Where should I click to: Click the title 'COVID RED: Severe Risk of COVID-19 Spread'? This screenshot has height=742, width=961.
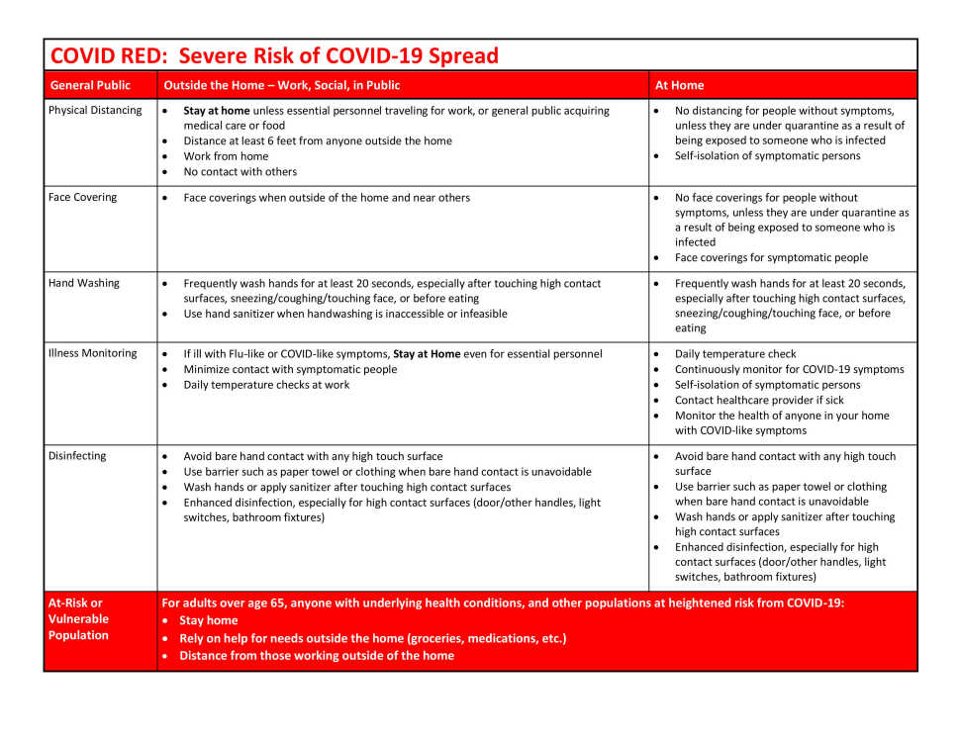pos(274,55)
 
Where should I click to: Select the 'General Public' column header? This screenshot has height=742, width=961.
pos(90,85)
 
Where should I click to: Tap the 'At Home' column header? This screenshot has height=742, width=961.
pos(679,85)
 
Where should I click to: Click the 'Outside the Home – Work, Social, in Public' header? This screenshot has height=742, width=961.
pos(282,85)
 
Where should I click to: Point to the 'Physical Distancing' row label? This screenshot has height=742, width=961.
pos(95,111)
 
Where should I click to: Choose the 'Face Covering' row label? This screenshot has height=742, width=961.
pos(82,198)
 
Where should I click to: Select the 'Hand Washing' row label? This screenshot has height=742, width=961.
pos(84,283)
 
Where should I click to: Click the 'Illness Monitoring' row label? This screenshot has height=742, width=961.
pos(93,353)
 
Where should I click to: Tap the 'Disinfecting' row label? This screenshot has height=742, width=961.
pos(77,456)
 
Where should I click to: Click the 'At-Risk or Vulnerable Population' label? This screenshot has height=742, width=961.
pos(78,619)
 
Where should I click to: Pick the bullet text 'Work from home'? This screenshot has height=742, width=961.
pos(226,156)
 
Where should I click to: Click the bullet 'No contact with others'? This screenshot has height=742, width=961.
pos(240,172)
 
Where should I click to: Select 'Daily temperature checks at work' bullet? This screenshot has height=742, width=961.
pos(266,385)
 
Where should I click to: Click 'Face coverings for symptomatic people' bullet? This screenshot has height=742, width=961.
pos(771,258)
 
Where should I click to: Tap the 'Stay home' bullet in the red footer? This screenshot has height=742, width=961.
pos(208,621)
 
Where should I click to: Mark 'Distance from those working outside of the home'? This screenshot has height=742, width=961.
pos(317,656)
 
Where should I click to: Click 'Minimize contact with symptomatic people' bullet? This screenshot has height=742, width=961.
pos(290,369)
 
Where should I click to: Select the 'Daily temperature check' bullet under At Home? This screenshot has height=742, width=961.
pos(735,354)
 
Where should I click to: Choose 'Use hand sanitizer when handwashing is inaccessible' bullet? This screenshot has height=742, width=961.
pos(344,315)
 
